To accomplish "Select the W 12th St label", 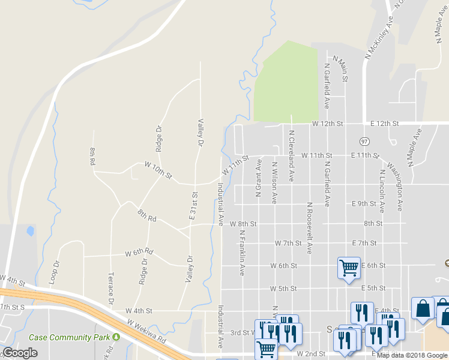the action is point(327,124).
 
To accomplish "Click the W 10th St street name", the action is point(158,171).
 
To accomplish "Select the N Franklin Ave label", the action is point(242,252).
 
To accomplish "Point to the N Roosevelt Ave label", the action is point(310,228).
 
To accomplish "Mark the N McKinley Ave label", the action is point(379,37).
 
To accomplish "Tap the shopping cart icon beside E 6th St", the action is point(348,268).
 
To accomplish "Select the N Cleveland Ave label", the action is point(291,156).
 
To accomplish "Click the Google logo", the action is point(20,353).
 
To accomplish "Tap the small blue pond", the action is point(30,230).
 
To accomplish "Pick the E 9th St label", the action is point(364,203).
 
